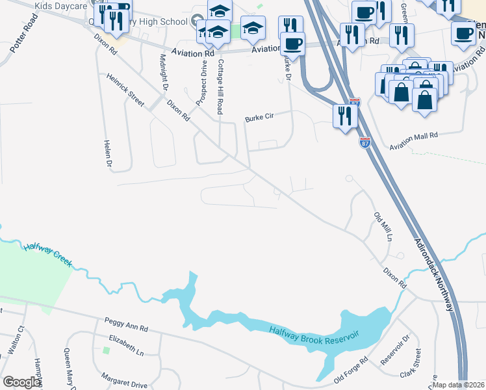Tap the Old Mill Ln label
(383, 227)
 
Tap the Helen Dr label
(109, 151)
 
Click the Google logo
(21, 382)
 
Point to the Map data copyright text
(459, 385)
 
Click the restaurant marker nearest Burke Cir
(344, 116)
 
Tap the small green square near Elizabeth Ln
(106, 350)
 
